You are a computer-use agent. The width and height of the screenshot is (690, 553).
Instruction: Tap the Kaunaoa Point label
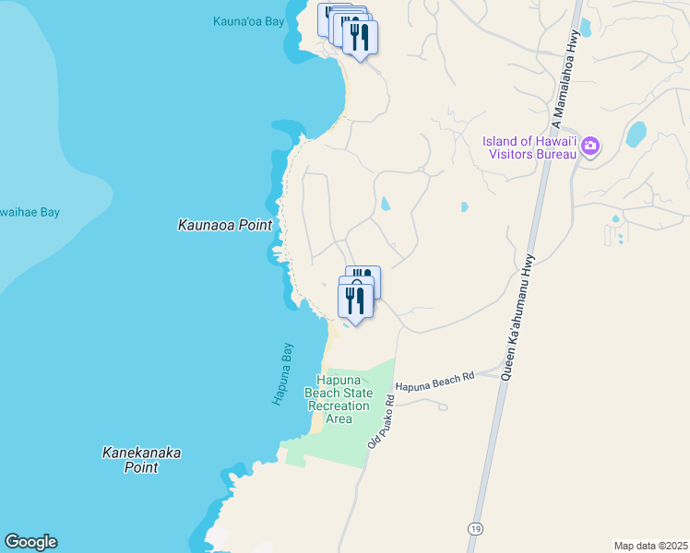pyautogui.click(x=225, y=225)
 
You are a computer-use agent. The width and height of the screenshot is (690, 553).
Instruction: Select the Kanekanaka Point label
pyautogui.click(x=140, y=460)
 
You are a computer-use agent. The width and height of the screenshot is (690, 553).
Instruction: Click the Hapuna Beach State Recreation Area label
pyautogui.click(x=339, y=399)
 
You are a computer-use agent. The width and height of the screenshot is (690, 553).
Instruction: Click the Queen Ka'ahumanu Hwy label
pyautogui.click(x=517, y=317)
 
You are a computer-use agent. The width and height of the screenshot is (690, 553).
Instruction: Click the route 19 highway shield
pyautogui.click(x=474, y=529)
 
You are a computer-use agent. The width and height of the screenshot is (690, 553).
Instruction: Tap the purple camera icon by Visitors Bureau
pyautogui.click(x=590, y=146)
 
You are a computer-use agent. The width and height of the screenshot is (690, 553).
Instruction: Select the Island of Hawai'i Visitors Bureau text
pyautogui.click(x=529, y=147)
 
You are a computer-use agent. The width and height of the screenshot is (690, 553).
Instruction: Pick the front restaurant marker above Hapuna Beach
pyautogui.click(x=355, y=300)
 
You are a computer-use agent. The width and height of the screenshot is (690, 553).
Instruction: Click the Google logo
pyautogui.click(x=30, y=542)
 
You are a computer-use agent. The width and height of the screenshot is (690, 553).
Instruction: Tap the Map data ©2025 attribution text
pyautogui.click(x=650, y=546)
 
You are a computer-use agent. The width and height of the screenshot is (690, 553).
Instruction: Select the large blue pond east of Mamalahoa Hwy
pyautogui.click(x=636, y=135)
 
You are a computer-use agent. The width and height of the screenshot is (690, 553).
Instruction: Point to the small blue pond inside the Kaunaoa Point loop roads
pyautogui.click(x=385, y=204)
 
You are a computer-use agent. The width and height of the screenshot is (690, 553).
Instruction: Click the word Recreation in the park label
pyautogui.click(x=339, y=406)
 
